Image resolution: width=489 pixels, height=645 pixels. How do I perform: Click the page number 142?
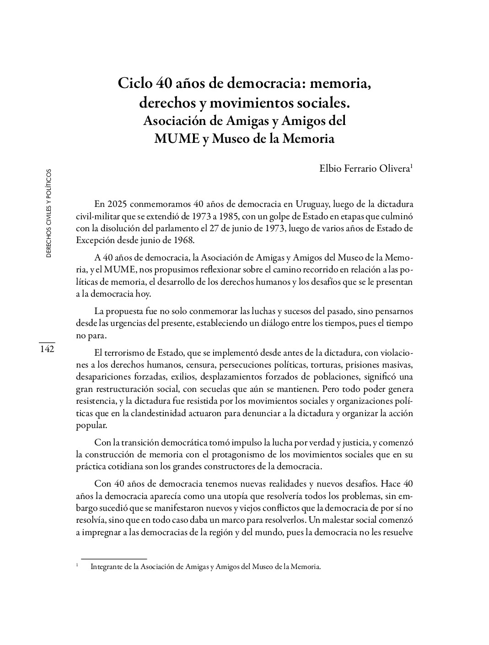(47, 349)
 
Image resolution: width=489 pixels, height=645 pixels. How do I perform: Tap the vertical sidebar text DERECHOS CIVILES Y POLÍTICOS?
(49, 213)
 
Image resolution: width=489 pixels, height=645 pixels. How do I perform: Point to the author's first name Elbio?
(329, 168)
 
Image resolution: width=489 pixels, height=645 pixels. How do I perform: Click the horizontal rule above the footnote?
(113, 558)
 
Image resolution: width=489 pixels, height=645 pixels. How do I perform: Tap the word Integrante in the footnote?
(107, 567)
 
